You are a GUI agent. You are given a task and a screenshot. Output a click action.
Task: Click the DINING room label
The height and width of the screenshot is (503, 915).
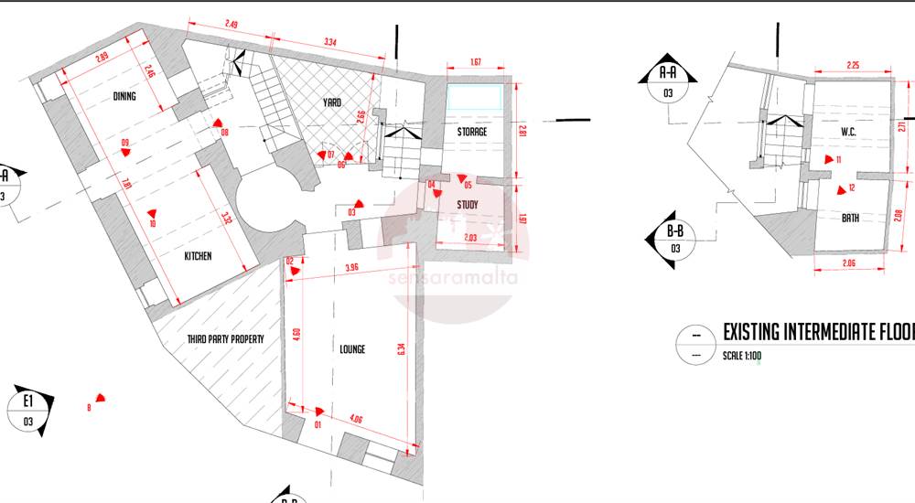tap(124, 96)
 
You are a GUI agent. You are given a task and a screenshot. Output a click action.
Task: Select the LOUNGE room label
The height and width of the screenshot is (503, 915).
tap(351, 349)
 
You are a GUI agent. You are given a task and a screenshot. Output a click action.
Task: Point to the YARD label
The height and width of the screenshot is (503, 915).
tap(332, 102)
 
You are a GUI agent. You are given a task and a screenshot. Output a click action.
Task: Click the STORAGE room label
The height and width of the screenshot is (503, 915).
tap(472, 133)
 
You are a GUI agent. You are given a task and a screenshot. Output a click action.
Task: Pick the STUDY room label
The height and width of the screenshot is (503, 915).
tap(467, 204)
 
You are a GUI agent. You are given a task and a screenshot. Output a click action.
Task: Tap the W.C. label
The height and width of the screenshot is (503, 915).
tap(848, 132)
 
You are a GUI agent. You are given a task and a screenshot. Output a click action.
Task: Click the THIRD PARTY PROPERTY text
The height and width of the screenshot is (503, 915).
tap(225, 338)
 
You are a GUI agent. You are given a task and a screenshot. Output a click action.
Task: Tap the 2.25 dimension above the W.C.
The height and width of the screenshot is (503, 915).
tap(852, 66)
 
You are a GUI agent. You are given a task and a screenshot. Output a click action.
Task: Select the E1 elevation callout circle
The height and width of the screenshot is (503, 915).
tap(28, 409)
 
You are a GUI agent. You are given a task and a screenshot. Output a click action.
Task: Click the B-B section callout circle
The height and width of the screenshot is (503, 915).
tap(675, 240)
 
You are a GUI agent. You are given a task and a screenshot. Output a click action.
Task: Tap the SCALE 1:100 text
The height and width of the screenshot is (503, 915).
tap(741, 356)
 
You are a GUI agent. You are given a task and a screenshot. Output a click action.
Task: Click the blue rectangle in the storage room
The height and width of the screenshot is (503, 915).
tap(474, 97)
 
